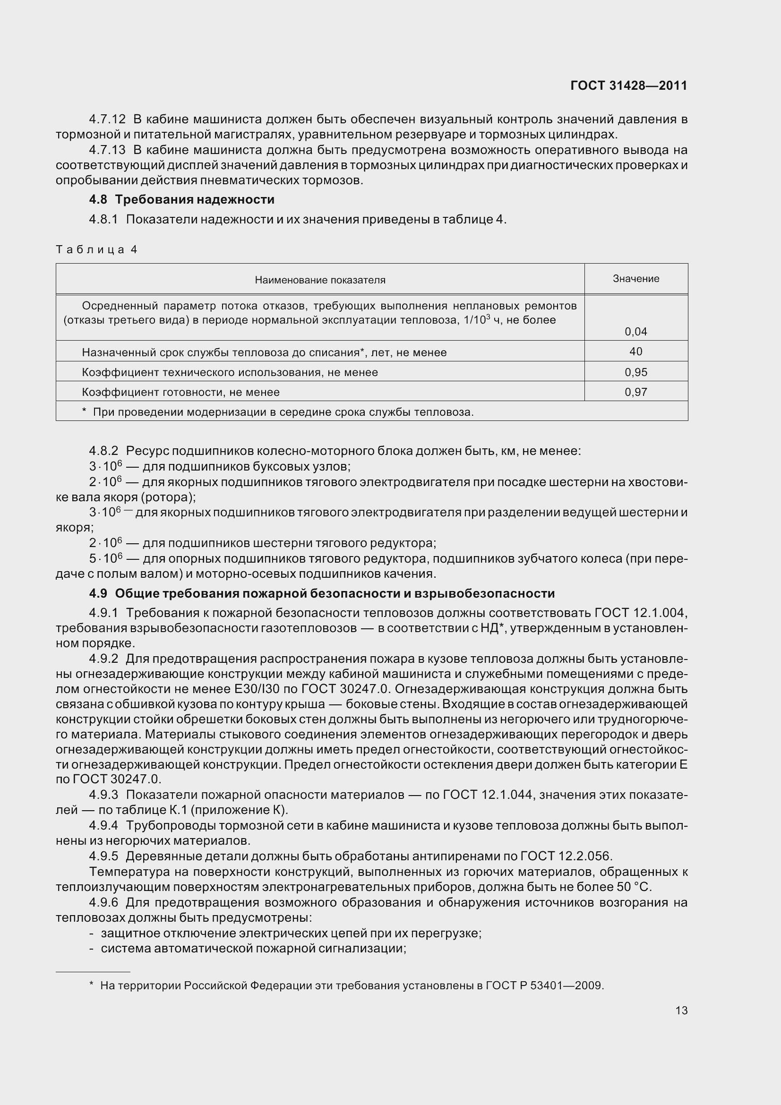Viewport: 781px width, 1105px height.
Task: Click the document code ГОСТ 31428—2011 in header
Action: click(628, 86)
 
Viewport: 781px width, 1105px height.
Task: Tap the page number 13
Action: click(681, 1010)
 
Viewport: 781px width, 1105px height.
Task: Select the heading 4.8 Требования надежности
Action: click(181, 199)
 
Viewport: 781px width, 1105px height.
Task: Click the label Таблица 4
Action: click(96, 249)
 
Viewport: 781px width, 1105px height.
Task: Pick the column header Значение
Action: click(635, 279)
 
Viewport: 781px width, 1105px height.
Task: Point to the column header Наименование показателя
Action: click(320, 280)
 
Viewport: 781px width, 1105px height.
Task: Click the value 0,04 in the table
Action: click(635, 332)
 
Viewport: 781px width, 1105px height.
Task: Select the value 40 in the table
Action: click(635, 352)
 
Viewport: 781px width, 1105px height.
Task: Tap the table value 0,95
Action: click(635, 372)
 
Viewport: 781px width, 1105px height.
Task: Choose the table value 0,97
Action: click(635, 392)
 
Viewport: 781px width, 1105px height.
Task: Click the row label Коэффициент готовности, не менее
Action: click(180, 392)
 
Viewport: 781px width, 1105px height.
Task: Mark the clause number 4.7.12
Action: click(107, 119)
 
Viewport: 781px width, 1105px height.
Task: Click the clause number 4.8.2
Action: click(103, 451)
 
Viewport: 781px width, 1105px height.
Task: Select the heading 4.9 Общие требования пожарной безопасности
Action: click(321, 593)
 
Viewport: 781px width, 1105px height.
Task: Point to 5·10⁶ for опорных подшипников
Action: click(106, 559)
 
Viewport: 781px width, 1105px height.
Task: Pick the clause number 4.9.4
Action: click(103, 825)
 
